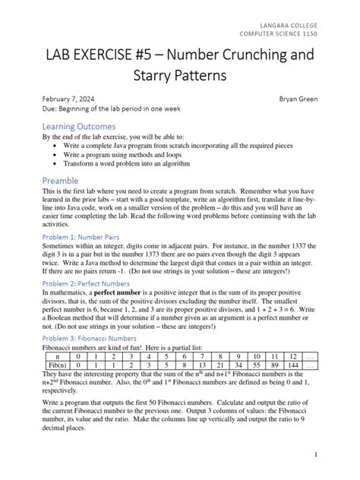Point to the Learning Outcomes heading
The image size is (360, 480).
click(79, 125)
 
